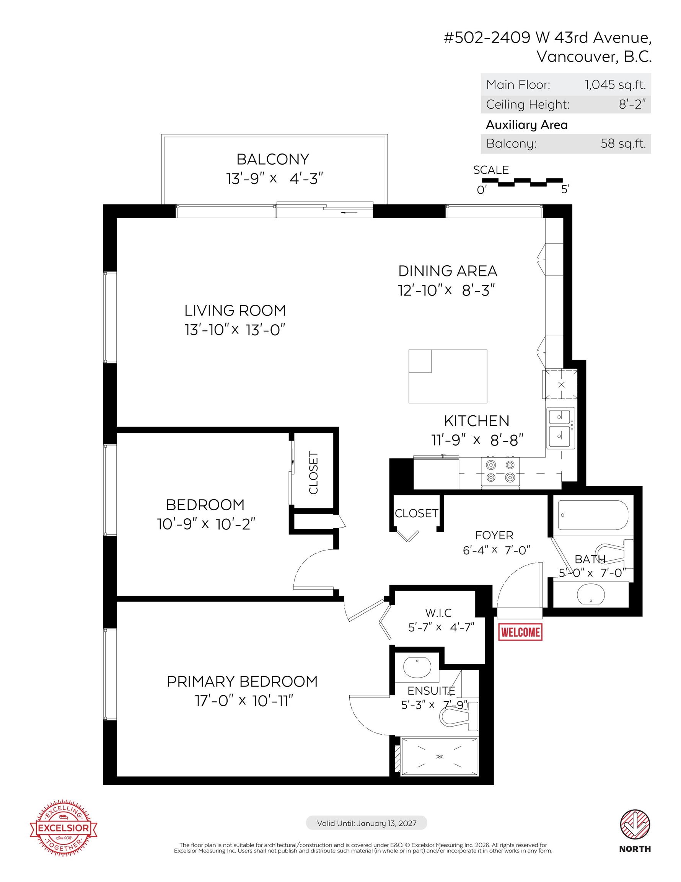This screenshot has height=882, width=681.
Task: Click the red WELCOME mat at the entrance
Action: tap(520, 632)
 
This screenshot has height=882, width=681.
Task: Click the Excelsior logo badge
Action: tap(64, 828)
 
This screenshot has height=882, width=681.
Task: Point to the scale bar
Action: tap(522, 182)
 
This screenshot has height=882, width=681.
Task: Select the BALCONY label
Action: tap(273, 159)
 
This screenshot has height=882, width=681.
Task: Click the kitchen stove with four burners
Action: tap(500, 471)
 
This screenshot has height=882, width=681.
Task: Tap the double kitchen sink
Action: tap(561, 428)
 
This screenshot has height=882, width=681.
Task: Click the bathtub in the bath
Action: tap(593, 515)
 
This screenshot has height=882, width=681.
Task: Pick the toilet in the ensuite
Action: tap(459, 716)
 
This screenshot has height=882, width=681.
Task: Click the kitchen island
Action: tap(448, 376)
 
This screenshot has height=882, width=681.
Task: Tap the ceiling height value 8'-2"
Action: tap(632, 104)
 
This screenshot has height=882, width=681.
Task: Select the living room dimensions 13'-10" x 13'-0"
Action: tap(235, 330)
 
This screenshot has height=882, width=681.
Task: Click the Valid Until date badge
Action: tap(367, 823)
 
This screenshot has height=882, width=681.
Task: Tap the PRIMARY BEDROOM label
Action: tap(242, 681)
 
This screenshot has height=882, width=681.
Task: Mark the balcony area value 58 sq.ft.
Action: tap(623, 144)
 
